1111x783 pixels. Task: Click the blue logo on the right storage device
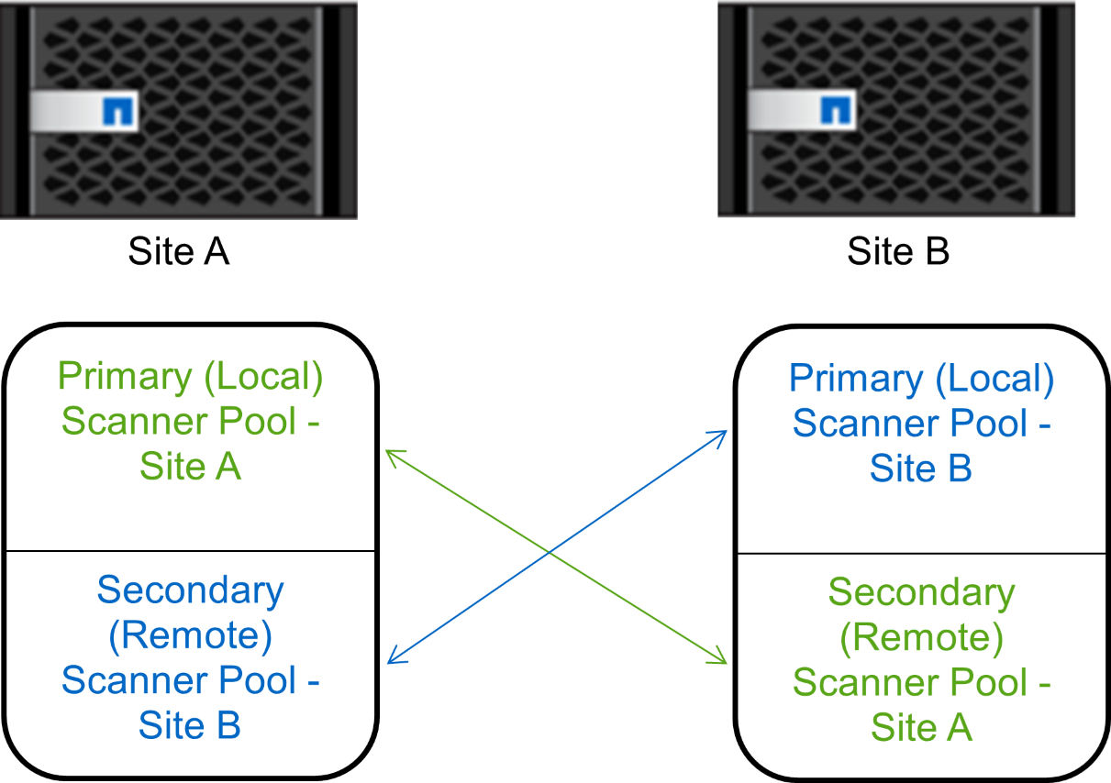click(x=835, y=111)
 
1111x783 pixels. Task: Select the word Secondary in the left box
click(x=190, y=590)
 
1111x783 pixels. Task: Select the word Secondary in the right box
click(x=921, y=592)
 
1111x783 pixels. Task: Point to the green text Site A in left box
click(x=190, y=466)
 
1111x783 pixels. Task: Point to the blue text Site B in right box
click(x=920, y=468)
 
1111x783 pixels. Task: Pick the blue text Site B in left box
click(x=190, y=724)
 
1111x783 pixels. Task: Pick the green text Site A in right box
click(x=920, y=727)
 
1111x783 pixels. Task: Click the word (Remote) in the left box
click(x=190, y=634)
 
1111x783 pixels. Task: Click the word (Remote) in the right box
click(x=921, y=637)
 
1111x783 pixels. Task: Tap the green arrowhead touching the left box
click(x=392, y=454)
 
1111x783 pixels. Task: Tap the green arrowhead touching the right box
click(x=721, y=659)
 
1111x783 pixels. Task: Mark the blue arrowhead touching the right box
click(x=721, y=435)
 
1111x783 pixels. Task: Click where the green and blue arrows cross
click(x=550, y=552)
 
